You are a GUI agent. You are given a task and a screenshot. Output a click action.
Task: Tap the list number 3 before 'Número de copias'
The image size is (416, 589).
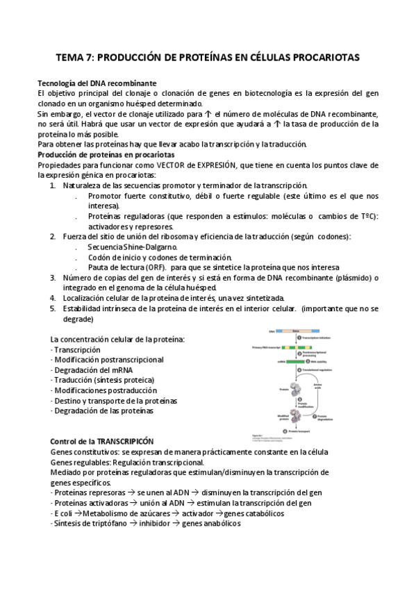(x=53, y=277)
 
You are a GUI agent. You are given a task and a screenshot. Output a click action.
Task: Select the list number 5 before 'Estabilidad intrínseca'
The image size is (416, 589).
(x=53, y=308)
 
